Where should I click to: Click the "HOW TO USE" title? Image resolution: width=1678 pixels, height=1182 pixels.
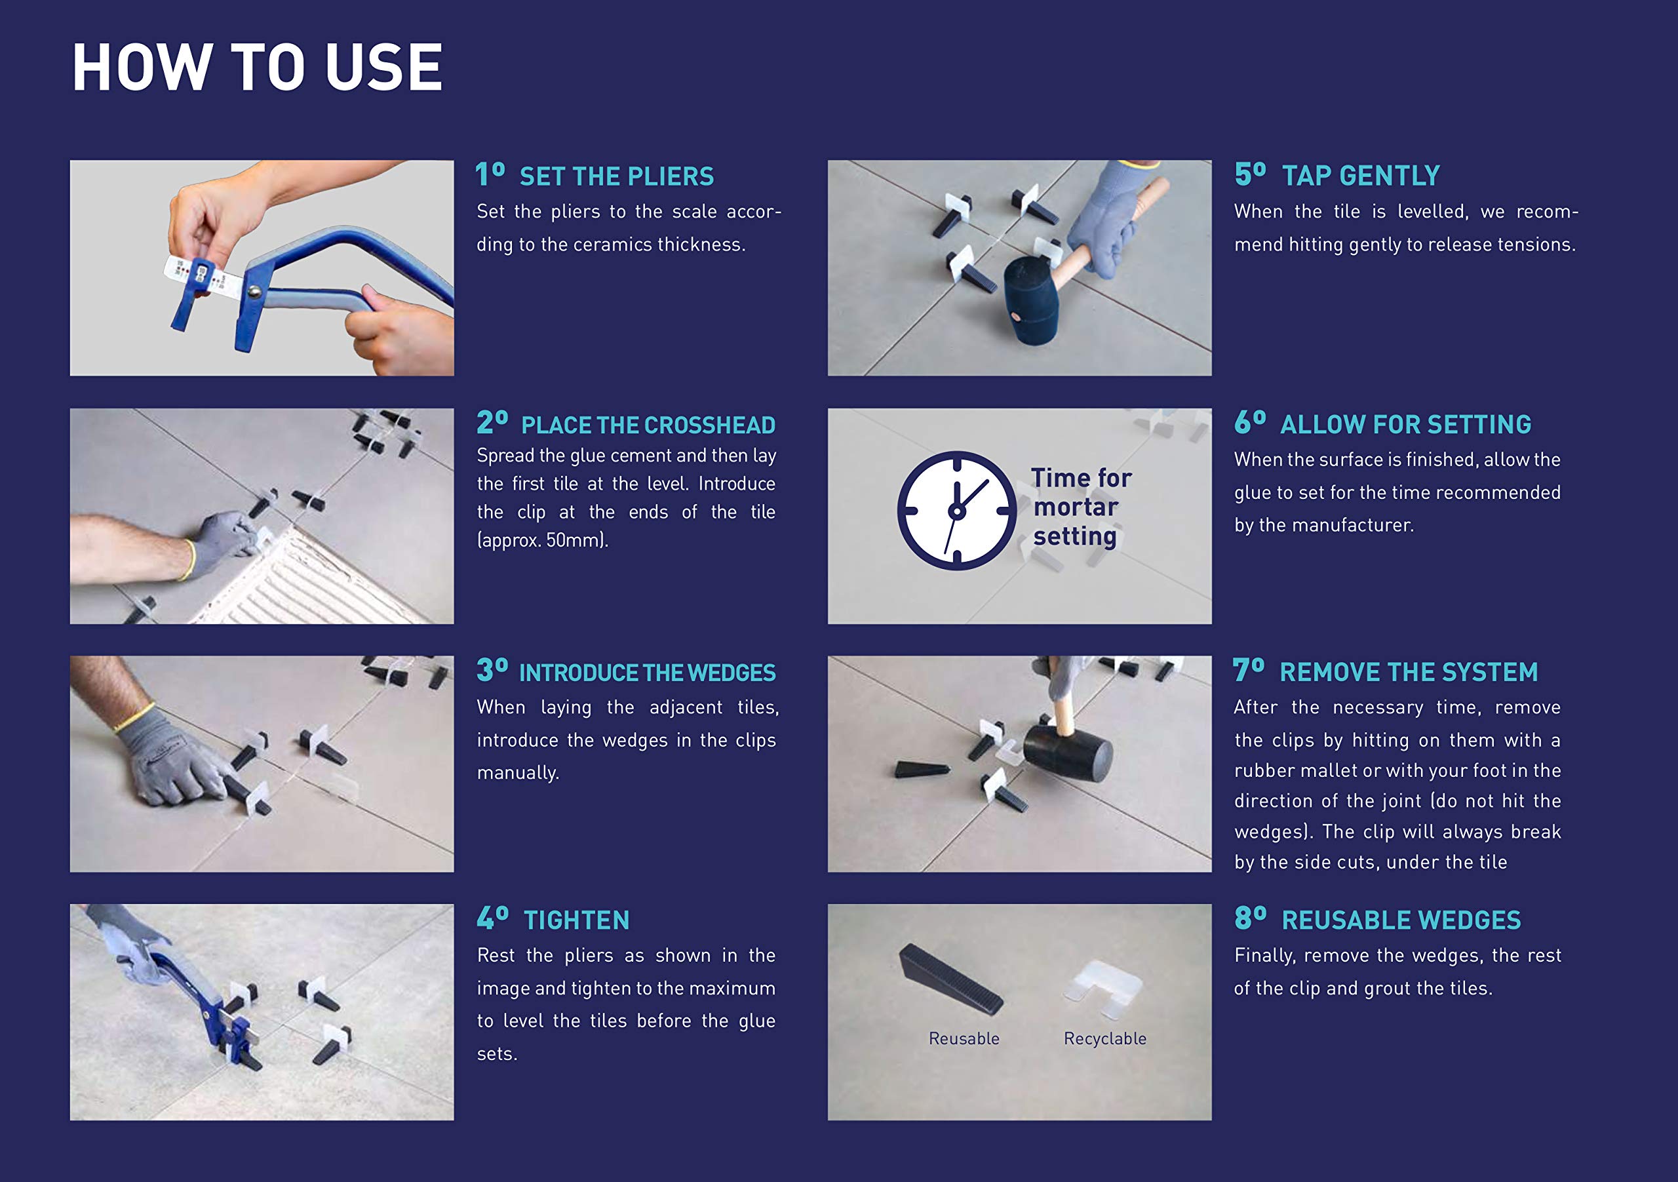click(257, 68)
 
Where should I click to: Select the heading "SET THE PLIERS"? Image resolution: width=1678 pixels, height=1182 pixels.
click(616, 176)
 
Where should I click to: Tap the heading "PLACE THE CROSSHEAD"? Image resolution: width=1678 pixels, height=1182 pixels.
click(648, 425)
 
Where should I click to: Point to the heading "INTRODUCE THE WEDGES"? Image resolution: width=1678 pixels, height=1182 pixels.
click(648, 673)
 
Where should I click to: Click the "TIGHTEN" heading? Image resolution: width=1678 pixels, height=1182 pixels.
click(577, 920)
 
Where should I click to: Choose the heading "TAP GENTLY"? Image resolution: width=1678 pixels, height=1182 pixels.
click(1361, 176)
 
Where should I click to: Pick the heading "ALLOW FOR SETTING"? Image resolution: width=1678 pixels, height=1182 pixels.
click(1405, 424)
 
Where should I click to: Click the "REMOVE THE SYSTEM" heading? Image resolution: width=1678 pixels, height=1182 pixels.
click(1409, 672)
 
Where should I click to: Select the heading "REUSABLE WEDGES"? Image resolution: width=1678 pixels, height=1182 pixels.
click(1401, 920)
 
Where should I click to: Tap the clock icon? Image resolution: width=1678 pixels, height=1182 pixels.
click(957, 511)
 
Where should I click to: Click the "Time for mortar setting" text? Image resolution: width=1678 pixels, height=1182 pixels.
click(1081, 507)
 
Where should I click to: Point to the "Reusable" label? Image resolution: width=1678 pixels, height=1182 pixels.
click(964, 1038)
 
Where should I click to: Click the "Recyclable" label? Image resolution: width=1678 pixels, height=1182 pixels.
click(1105, 1038)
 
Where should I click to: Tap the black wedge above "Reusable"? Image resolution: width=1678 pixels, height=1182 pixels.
click(950, 978)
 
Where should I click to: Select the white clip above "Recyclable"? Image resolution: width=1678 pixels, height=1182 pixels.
click(1104, 989)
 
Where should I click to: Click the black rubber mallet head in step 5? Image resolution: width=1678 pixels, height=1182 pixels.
click(1030, 298)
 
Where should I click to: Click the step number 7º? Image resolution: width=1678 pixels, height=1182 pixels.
click(1248, 670)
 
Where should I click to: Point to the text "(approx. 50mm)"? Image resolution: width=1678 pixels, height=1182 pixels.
click(543, 540)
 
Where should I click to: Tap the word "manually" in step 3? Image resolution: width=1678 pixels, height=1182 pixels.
click(518, 773)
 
